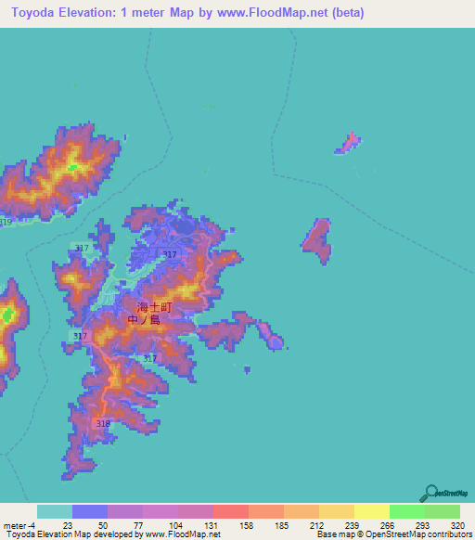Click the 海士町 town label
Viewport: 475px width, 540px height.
click(x=155, y=307)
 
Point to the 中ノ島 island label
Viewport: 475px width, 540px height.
click(x=144, y=320)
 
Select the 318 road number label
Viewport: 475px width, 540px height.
click(x=103, y=423)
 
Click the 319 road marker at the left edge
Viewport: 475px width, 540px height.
click(x=6, y=223)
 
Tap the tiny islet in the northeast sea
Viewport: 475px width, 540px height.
click(x=350, y=143)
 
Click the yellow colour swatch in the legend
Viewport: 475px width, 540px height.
click(x=371, y=511)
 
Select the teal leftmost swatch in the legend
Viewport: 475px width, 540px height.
click(x=55, y=511)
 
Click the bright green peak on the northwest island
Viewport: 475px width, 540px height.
click(x=71, y=167)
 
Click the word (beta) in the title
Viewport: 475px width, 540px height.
click(x=341, y=13)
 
